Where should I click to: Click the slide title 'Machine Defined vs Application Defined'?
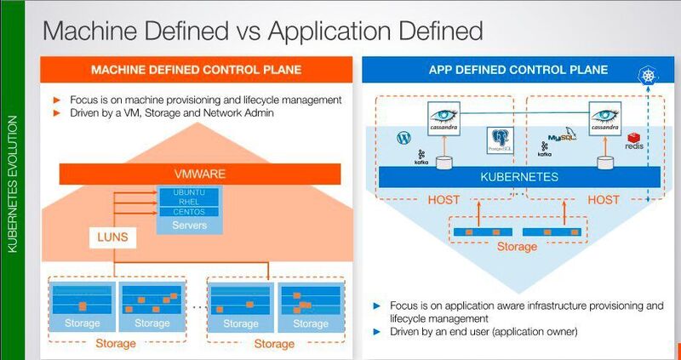click(x=262, y=31)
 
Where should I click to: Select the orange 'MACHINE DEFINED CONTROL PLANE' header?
click(x=197, y=69)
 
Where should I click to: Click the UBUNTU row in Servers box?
click(x=189, y=192)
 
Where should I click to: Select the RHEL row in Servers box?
click(x=189, y=202)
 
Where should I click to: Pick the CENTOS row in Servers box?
click(x=189, y=211)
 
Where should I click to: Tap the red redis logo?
click(x=633, y=141)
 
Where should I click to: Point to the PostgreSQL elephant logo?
click(x=499, y=140)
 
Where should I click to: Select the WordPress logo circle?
click(x=403, y=137)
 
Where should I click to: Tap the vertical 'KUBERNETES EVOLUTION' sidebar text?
click(x=12, y=197)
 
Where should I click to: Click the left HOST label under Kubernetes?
click(x=445, y=199)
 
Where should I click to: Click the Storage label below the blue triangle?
click(x=517, y=247)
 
